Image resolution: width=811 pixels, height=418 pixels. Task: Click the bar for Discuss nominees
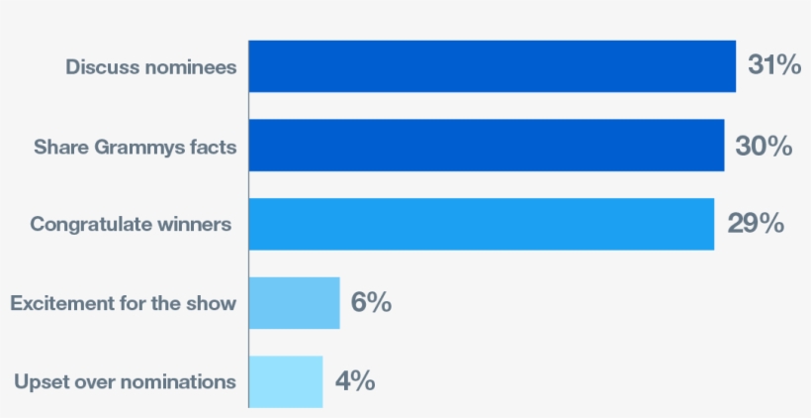coord(492,66)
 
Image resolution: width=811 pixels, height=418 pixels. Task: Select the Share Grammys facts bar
coord(486,146)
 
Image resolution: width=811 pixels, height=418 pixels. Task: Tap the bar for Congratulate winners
coord(481,224)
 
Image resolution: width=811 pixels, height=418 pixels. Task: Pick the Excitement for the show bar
coord(294,302)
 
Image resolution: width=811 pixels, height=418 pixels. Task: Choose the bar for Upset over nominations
coord(285,381)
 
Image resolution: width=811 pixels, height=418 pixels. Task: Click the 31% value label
coord(773,66)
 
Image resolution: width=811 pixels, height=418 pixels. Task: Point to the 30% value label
coord(763,146)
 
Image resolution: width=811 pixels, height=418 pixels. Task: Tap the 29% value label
coord(756,224)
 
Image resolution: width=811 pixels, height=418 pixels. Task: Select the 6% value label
coord(371,302)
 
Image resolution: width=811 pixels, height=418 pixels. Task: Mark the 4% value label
coord(354,381)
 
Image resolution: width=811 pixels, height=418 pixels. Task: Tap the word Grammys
coord(127,147)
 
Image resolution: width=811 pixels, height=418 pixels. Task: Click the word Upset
coord(38,381)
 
